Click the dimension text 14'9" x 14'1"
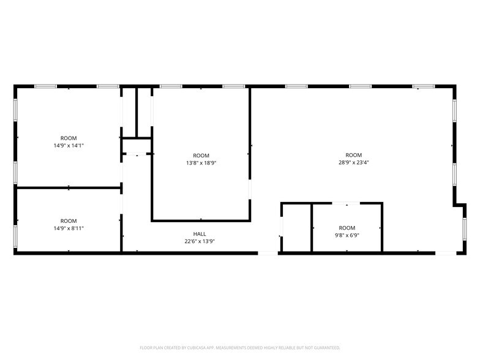pos(69,146)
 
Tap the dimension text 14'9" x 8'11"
pos(69,228)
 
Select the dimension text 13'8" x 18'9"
pos(201,163)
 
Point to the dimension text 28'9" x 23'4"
pos(353,163)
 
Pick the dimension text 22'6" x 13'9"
pos(200,241)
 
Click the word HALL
pos(200,233)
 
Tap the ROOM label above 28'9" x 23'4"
pos(353,155)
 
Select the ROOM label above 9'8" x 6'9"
pos(347,228)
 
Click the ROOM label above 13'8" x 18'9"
pos(201,156)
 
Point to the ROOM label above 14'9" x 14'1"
pos(69,138)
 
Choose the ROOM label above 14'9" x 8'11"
pos(69,220)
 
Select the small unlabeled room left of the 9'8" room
pos(296,228)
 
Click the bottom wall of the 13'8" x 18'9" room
pos(201,220)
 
